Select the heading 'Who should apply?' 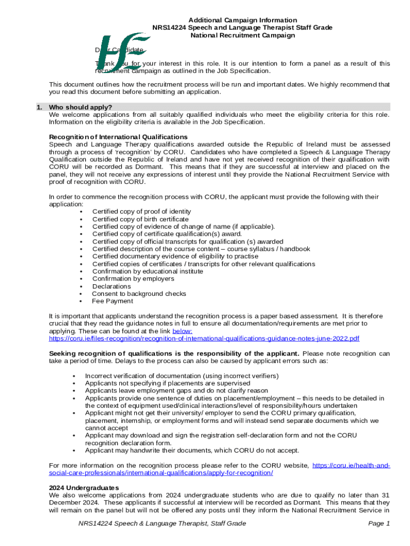(80, 107)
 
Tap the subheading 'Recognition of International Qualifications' (118, 137)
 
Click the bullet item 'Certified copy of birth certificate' (140, 219)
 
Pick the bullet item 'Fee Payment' (112, 301)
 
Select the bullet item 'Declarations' (111, 286)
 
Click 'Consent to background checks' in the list (139, 294)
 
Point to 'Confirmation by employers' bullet (133, 279)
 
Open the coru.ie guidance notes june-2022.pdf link (204, 339)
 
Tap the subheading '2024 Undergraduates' (84, 488)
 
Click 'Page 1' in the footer (379, 524)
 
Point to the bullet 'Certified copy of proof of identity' (141, 212)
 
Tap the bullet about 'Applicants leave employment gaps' (176, 391)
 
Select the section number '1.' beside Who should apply (39, 107)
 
